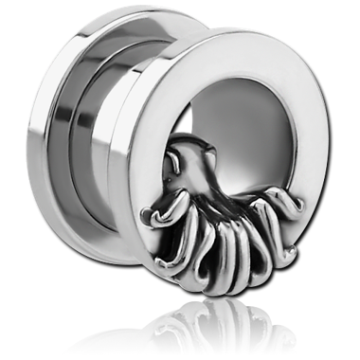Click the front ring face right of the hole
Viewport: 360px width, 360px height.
click(x=323, y=152)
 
